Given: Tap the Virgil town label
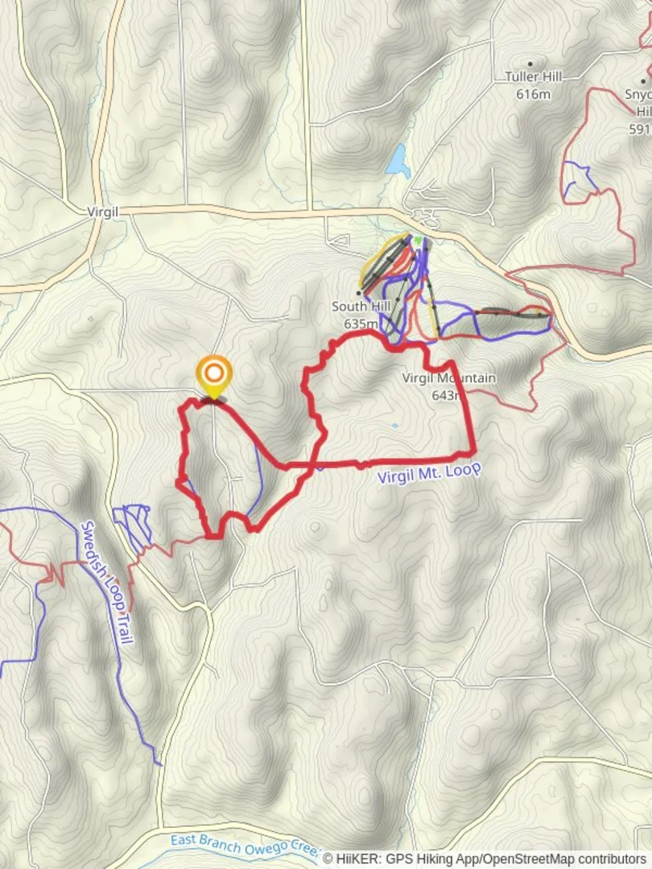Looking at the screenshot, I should [102, 212].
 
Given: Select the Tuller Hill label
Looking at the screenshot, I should [533, 77].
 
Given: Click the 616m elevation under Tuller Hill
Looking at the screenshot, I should [533, 93].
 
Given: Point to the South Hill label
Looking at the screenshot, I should [361, 307].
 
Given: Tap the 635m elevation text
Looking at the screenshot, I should [361, 323].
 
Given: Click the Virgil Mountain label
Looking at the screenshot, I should [449, 378].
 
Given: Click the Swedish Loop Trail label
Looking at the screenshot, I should [107, 581].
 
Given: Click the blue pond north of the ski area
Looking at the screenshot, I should [398, 161].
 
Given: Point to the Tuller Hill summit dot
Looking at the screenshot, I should [530, 64].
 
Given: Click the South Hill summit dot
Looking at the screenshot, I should [358, 292].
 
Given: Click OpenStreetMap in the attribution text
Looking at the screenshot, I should [523, 859].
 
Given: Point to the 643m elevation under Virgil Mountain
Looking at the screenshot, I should [448, 395].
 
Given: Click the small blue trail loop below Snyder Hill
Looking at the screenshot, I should [578, 179].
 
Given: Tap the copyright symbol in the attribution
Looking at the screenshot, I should [328, 859].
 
